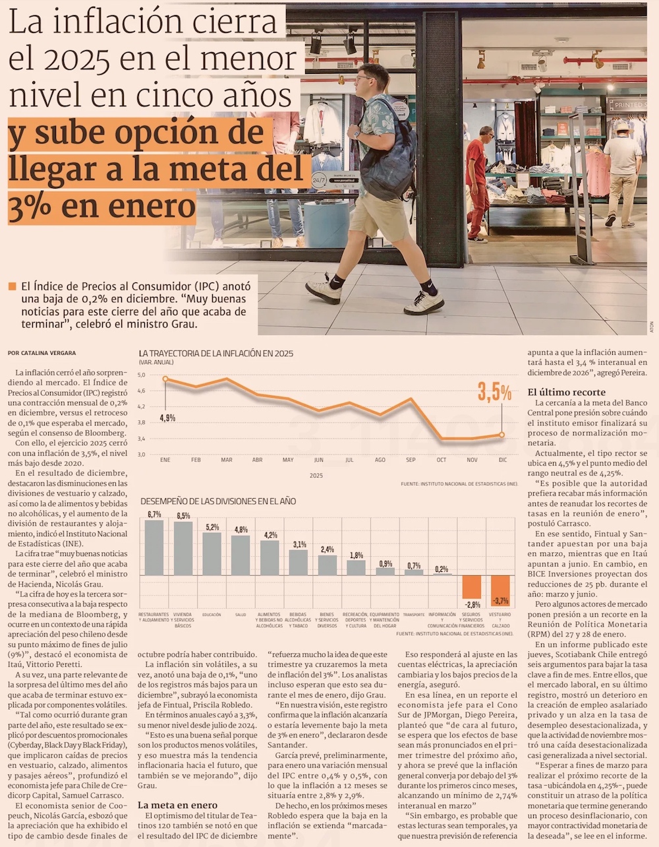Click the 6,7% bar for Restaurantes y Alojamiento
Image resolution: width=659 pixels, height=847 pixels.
tap(154, 547)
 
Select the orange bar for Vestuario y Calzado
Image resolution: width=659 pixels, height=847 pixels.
tap(500, 590)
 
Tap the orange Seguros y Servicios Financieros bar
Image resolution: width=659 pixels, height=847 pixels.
tap(471, 586)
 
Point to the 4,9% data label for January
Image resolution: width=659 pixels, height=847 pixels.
tap(167, 418)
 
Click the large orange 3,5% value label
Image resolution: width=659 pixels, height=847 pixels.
tap(494, 392)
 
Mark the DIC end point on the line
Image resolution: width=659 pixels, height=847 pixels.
tap(502, 435)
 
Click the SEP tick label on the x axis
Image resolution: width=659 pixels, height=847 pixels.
tap(411, 460)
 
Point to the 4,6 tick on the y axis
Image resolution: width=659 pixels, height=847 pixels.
tap(142, 391)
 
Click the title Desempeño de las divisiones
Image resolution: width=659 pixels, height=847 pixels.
tap(218, 501)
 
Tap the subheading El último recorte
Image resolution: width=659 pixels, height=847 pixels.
tap(566, 392)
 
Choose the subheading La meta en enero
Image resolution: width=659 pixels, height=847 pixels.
tap(177, 805)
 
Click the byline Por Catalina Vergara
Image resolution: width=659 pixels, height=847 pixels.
tap(42, 353)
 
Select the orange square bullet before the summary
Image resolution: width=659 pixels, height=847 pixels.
tap(12, 287)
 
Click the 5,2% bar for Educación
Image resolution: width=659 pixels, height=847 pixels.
tap(212, 553)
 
